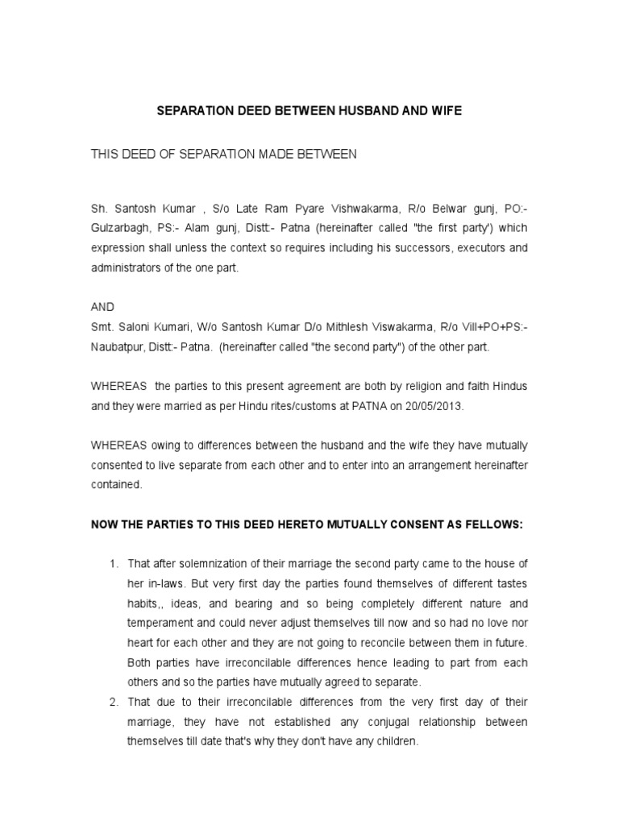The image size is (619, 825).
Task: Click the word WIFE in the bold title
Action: click(447, 111)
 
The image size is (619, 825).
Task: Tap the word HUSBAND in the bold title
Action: click(364, 111)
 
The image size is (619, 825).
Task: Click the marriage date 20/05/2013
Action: click(436, 407)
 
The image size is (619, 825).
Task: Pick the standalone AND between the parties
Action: click(103, 307)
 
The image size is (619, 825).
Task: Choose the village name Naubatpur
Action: click(119, 346)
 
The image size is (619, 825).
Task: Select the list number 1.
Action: click(114, 562)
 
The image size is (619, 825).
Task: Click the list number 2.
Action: click(114, 702)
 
